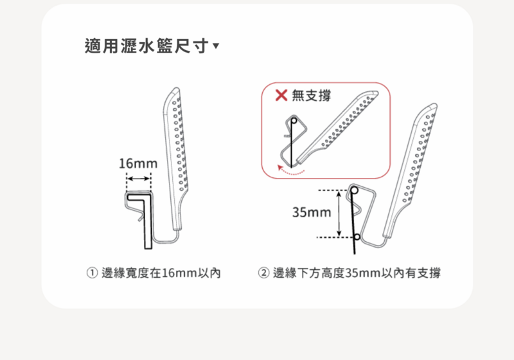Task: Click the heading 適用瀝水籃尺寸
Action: (146, 46)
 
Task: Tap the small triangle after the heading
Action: (216, 45)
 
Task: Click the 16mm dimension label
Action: (138, 163)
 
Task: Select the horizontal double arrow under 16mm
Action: (138, 179)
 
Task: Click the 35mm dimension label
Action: (312, 212)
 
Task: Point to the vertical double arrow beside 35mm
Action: (339, 213)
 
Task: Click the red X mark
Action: (281, 95)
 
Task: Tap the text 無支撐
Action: (311, 95)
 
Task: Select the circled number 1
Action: (92, 273)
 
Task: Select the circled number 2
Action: (263, 273)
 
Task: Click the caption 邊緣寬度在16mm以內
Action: (161, 273)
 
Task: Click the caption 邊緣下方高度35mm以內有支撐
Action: (357, 273)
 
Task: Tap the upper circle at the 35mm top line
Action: (355, 190)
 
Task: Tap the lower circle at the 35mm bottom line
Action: (357, 237)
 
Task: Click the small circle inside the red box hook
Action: (294, 121)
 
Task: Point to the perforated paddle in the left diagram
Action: (175, 157)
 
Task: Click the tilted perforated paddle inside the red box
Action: (338, 127)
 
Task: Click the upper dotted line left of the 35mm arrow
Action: (333, 190)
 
